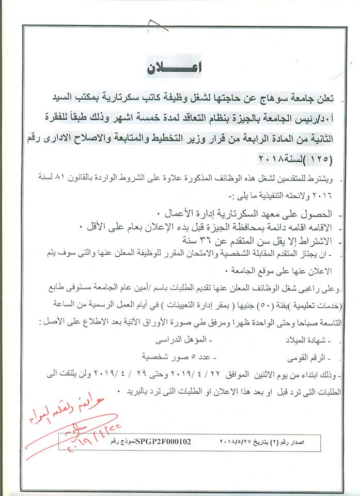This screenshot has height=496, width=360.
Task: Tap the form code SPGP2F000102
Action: tap(162, 442)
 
